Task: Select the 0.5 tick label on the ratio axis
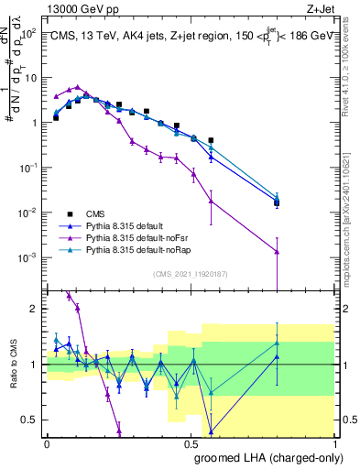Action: tap(32, 420)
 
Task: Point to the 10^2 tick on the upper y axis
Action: tap(31, 33)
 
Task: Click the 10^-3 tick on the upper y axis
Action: tap(30, 257)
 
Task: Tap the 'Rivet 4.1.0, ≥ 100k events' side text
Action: tap(351, 64)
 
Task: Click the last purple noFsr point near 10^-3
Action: tap(277, 251)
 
